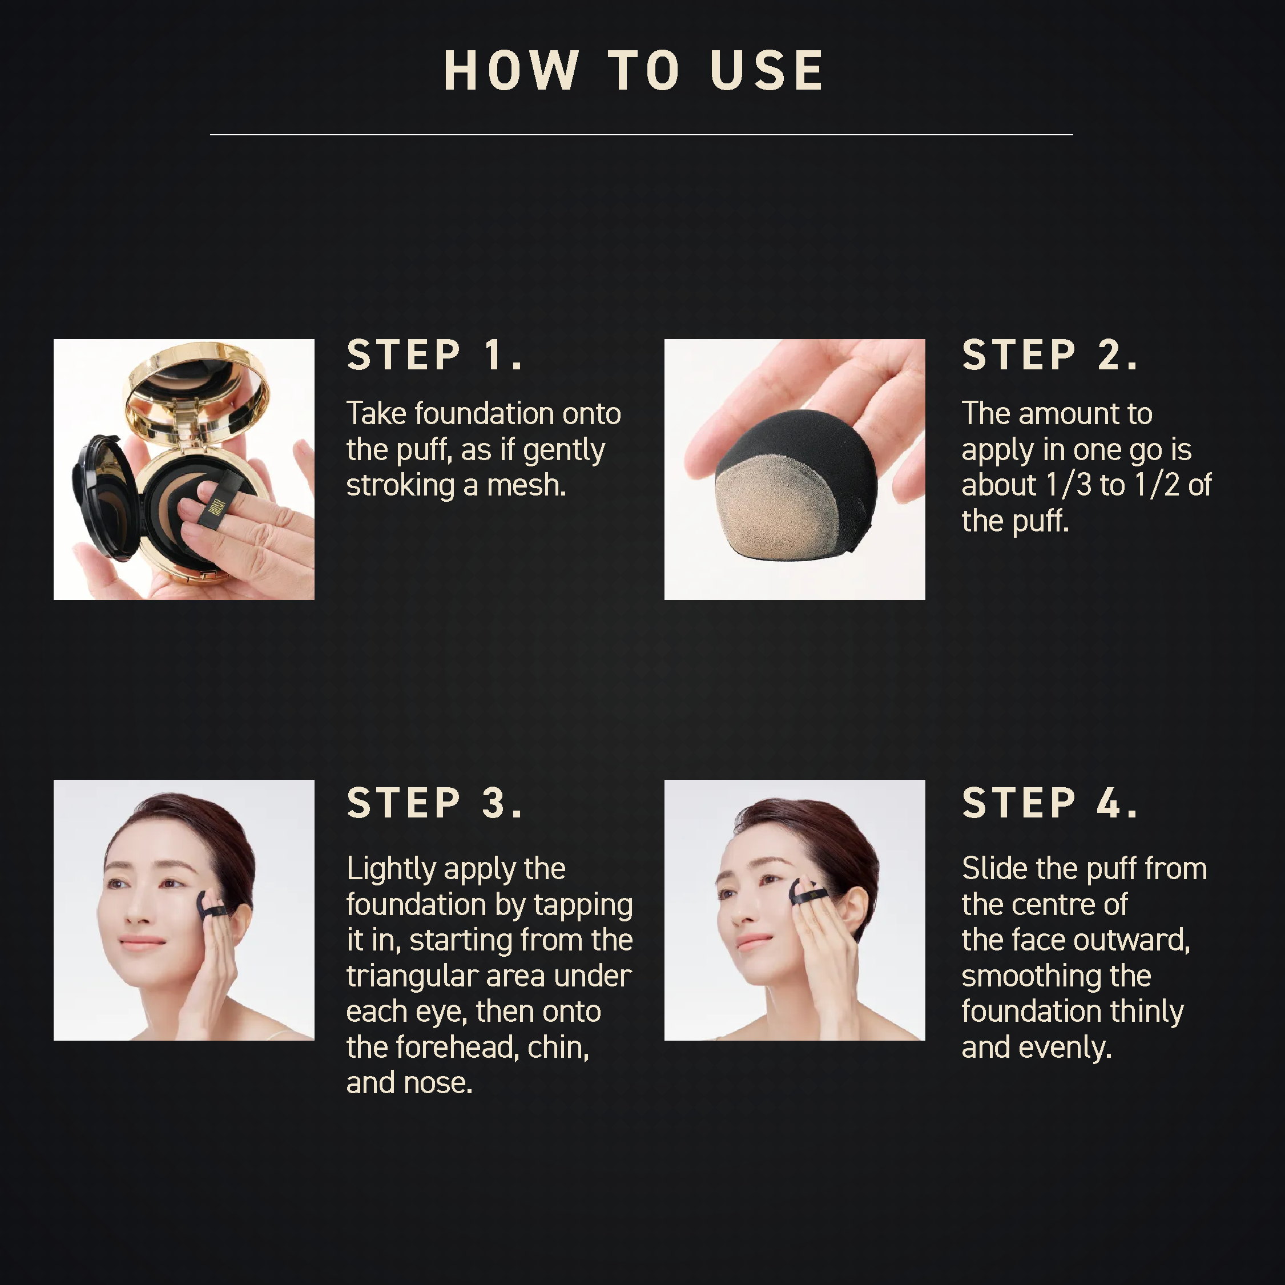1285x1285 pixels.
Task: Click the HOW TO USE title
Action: [634, 71]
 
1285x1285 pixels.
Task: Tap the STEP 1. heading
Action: [435, 355]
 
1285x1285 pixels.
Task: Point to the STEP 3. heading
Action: [435, 803]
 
